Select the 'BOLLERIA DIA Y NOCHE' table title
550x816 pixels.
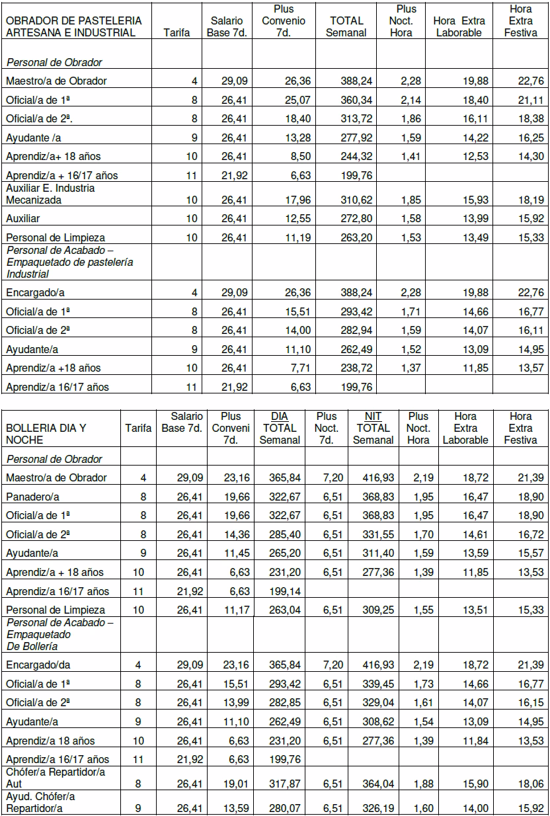pos(43,434)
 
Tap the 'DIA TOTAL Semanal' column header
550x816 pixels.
pos(280,428)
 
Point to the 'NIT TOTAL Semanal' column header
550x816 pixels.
pos(373,428)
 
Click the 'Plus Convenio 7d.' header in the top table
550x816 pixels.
pos(283,20)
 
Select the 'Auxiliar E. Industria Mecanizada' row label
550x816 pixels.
pos(50,193)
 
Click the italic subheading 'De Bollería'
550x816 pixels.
pos(32,645)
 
